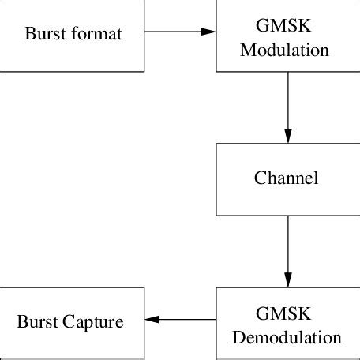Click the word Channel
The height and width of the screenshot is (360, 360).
(287, 178)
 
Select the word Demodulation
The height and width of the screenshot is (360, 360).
(287, 338)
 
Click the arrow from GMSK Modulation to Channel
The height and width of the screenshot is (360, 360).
(288, 107)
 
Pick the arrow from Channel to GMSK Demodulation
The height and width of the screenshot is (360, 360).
(288, 251)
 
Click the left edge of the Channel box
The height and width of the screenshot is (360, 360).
(216, 178)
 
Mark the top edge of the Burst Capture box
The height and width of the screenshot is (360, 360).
(72, 287)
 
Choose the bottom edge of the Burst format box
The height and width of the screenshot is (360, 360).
(72, 71)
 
